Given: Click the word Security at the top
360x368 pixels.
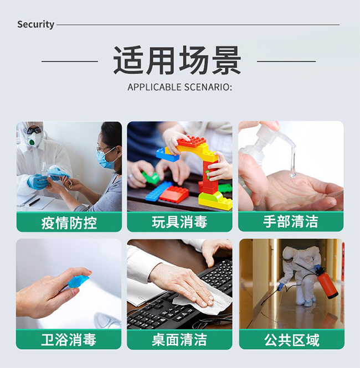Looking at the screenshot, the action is pyautogui.click(x=35, y=25).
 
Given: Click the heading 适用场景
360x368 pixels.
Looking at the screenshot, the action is pyautogui.click(x=177, y=60).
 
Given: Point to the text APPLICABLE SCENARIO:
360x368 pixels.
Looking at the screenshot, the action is pyautogui.click(x=179, y=87).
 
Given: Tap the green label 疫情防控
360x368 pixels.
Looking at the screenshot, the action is pyautogui.click(x=69, y=222).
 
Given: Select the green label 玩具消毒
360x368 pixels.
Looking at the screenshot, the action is pyautogui.click(x=179, y=222).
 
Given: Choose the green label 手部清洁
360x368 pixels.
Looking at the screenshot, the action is pyautogui.click(x=291, y=222).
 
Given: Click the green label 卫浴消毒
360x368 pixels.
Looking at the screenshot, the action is pyautogui.click(x=69, y=339).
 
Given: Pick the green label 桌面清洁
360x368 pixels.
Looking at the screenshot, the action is pyautogui.click(x=179, y=340).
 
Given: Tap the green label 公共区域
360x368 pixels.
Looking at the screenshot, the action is pyautogui.click(x=292, y=340).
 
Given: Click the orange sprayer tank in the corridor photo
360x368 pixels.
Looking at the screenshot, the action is pyautogui.click(x=327, y=284).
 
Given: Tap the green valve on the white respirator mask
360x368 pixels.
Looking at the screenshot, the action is pyautogui.click(x=31, y=142).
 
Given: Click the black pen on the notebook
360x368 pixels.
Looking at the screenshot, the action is pyautogui.click(x=34, y=202).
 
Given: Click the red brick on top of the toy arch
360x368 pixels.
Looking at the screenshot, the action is pyautogui.click(x=192, y=141).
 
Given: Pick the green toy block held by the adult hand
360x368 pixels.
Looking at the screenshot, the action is pyautogui.click(x=151, y=178).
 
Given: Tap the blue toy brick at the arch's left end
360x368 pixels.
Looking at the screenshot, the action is pyautogui.click(x=167, y=154).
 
